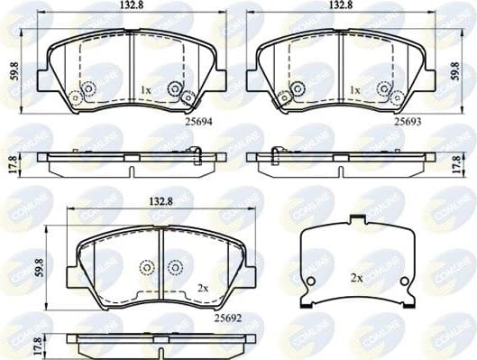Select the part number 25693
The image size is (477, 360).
[x=408, y=120]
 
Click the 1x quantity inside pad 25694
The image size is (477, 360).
[x=145, y=91]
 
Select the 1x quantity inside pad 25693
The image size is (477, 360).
[x=354, y=91]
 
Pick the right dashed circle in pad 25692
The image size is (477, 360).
[x=175, y=267]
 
